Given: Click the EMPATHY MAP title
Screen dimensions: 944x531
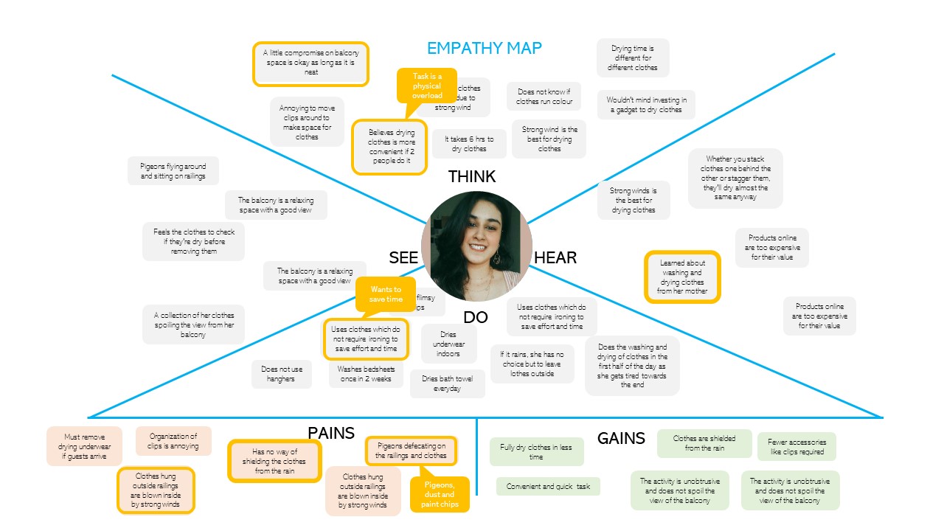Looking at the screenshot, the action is click(485, 49).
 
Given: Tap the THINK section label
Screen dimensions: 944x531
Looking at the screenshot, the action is click(472, 177).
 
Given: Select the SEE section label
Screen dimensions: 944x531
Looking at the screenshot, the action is click(403, 257).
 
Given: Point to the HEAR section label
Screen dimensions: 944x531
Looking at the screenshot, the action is click(555, 257).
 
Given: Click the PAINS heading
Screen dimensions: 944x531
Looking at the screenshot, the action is click(331, 433).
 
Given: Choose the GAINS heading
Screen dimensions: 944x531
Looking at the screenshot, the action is click(621, 438).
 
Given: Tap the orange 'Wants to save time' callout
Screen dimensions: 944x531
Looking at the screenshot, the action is click(386, 294).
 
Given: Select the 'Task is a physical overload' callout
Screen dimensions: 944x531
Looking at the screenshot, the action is click(427, 86).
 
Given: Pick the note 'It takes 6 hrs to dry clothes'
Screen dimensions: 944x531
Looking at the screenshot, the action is click(469, 144).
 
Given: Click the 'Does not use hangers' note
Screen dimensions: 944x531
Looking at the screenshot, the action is click(281, 374).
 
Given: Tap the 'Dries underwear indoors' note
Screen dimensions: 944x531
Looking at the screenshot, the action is click(448, 344).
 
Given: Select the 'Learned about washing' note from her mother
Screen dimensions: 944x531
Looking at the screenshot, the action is click(682, 277).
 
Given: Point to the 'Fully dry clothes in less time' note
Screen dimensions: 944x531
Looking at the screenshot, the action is click(536, 451).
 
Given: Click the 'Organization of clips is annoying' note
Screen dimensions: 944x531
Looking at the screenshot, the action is click(173, 441).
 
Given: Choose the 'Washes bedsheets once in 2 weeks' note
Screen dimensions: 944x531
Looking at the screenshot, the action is click(366, 375).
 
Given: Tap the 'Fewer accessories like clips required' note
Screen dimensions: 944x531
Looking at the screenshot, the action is click(796, 446).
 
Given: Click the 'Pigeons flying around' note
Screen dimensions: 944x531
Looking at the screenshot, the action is click(173, 172).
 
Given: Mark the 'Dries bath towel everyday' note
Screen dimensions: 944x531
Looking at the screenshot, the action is click(448, 383).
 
